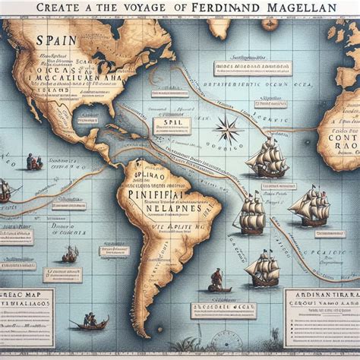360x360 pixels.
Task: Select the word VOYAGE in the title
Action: [x=140, y=7]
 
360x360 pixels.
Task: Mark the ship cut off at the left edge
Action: [x=5, y=190]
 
